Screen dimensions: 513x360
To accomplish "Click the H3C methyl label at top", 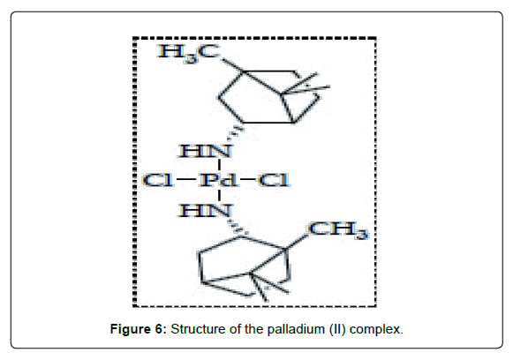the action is click(x=189, y=53).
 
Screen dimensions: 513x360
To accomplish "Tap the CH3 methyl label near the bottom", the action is click(x=338, y=230).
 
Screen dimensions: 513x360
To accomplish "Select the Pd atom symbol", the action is click(x=218, y=180).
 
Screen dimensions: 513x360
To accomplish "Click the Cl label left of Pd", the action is click(x=158, y=180).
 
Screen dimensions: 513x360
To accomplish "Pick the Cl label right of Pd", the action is click(x=274, y=180).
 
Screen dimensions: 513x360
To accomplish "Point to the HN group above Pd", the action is click(x=205, y=151).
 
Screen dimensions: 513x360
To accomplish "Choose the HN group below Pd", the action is click(x=205, y=210).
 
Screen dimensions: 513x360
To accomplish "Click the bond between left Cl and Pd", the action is click(x=186, y=179).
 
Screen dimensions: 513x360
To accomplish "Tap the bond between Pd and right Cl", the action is click(x=247, y=179).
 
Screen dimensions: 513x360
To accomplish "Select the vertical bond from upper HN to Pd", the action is click(x=219, y=165).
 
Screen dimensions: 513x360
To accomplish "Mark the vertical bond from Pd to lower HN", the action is click(x=219, y=196).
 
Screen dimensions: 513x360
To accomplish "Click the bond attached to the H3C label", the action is click(x=232, y=65).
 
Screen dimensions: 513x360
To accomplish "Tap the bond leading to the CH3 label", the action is click(x=296, y=242).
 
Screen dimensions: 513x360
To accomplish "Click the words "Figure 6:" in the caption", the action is click(x=139, y=329).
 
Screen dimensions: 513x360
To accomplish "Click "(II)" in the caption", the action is click(x=337, y=329).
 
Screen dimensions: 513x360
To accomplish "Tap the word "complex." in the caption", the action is click(x=376, y=330).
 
